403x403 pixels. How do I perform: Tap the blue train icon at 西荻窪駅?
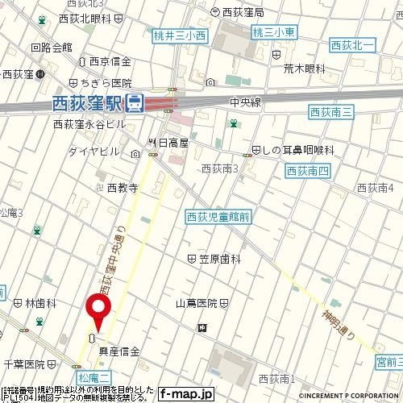click(135, 102)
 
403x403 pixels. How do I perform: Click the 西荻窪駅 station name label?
click(87, 103)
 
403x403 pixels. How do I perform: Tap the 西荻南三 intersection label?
click(330, 114)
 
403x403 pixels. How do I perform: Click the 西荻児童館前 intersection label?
click(218, 216)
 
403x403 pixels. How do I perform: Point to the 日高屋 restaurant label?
click(172, 143)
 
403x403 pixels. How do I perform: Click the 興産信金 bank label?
click(119, 351)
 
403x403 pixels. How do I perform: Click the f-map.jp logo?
click(185, 394)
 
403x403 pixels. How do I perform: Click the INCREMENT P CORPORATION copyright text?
click(351, 397)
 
